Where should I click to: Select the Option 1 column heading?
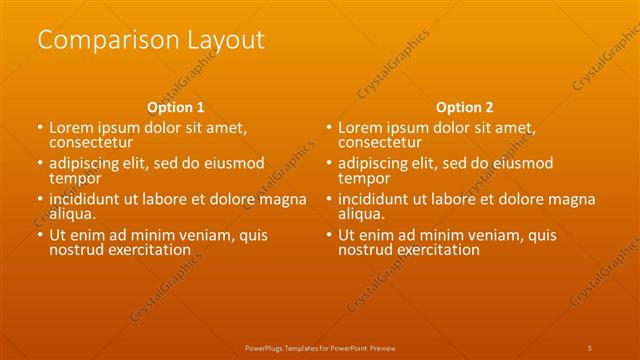pyautogui.click(x=176, y=107)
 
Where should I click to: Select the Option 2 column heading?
pyautogui.click(x=465, y=107)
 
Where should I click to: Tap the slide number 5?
pyautogui.click(x=590, y=347)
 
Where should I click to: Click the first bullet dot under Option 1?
pyautogui.click(x=40, y=128)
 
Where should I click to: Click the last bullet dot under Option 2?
pyautogui.click(x=329, y=236)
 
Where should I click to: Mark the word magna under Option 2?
pyautogui.click(x=573, y=200)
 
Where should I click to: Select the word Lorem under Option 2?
pyautogui.click(x=361, y=128)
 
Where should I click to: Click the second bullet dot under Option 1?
pyautogui.click(x=40, y=164)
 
